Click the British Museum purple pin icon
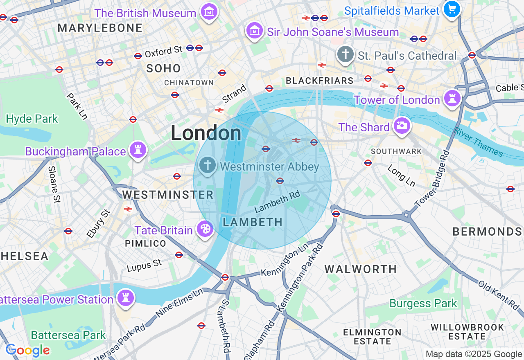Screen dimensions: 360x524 (209, 12)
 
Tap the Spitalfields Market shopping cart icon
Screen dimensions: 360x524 (452, 9)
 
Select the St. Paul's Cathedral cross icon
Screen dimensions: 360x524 (346, 54)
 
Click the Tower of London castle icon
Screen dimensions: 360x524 (452, 99)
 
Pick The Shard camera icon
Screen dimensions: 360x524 (402, 126)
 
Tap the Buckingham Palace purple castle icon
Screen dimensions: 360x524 (138, 150)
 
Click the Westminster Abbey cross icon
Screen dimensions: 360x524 (208, 165)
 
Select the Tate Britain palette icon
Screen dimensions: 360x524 (204, 229)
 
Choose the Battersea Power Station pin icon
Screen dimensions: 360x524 (126, 298)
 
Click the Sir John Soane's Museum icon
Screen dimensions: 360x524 (255, 30)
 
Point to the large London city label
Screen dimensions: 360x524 (206, 133)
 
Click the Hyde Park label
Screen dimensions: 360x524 (32, 119)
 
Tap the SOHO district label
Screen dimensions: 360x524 (163, 68)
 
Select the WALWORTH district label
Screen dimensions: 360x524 (361, 269)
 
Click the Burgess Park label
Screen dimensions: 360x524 (423, 304)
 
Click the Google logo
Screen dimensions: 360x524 (27, 351)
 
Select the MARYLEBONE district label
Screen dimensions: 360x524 (100, 28)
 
